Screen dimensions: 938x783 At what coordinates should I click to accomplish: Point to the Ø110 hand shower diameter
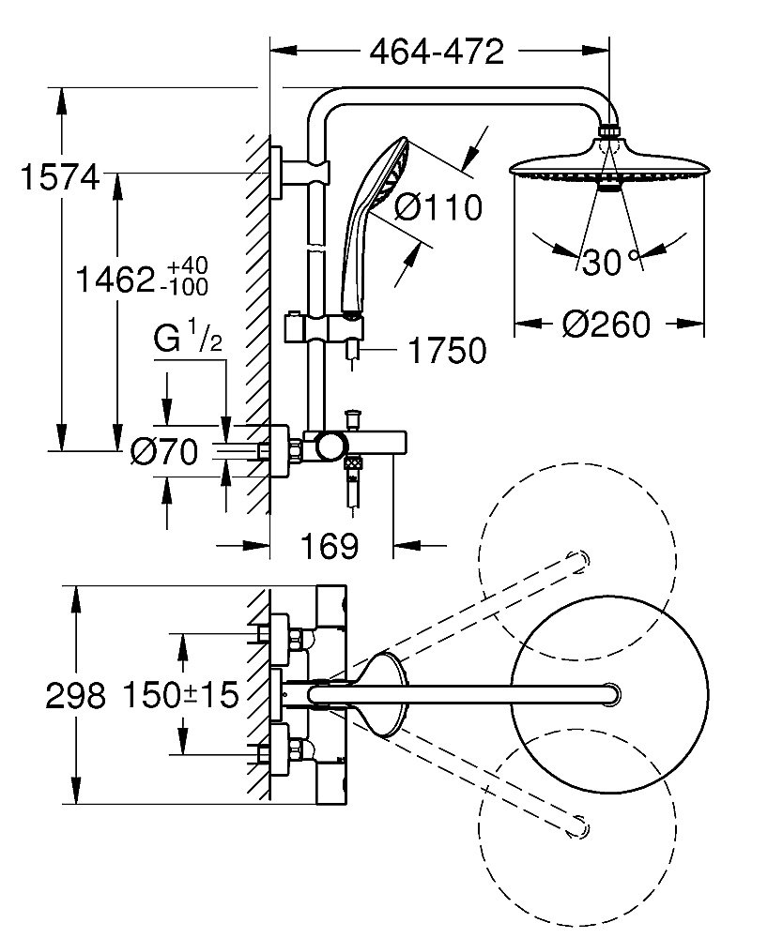pyautogui.click(x=438, y=206)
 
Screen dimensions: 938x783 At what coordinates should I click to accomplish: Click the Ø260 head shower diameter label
pyautogui.click(x=607, y=325)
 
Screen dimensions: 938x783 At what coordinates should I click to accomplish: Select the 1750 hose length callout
pyautogui.click(x=448, y=351)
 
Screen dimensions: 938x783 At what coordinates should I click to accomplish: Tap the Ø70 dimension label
pyautogui.click(x=165, y=453)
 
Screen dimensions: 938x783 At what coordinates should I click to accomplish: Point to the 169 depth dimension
pyautogui.click(x=331, y=546)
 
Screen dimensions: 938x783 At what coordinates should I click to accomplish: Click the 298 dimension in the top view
pyautogui.click(x=74, y=695)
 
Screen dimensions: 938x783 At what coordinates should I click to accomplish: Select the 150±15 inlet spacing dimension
pyautogui.click(x=178, y=695)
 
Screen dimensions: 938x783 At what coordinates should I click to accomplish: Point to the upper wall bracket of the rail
pyautogui.click(x=300, y=173)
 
